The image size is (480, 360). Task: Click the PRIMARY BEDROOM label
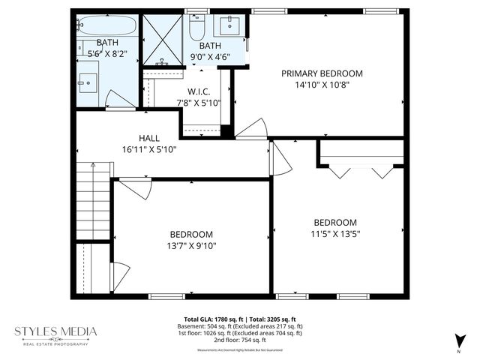pos(322,73)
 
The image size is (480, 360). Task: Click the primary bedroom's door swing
pos(253,130)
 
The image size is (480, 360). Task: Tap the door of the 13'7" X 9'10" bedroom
pos(135,188)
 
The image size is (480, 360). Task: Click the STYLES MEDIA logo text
pos(57,331)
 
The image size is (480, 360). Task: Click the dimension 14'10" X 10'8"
pos(322,85)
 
